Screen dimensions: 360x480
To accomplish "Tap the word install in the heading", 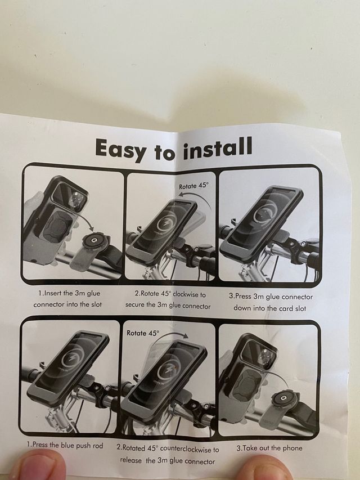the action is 218,148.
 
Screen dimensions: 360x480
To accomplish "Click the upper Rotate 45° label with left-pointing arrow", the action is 193,186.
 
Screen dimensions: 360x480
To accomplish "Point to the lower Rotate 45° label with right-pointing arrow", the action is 143,333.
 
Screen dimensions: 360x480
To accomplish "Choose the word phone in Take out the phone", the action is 292,448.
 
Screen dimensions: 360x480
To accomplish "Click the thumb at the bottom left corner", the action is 37,466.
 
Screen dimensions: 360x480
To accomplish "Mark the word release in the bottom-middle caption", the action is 131,460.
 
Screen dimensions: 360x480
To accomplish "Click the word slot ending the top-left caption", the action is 96,304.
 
